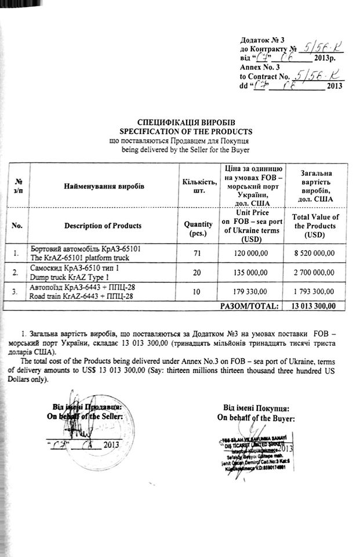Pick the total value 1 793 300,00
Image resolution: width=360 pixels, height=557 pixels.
pos(316,290)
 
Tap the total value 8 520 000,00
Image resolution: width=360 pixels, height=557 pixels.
pos(316,254)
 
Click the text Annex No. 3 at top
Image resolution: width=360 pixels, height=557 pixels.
pos(256,67)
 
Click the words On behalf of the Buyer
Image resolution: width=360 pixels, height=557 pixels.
pos(256,417)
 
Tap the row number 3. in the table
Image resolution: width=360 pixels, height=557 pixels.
pos(19,290)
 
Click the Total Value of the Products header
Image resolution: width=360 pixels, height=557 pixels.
pos(316,225)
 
